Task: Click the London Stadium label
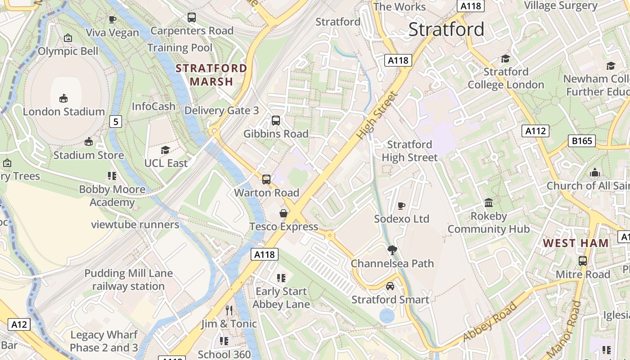point(63,112)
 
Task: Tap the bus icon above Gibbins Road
point(276,121)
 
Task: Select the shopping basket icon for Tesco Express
point(283,213)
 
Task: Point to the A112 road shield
point(535,131)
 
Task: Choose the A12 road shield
point(19,324)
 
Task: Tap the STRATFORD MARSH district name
point(211,75)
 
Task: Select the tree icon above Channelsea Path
point(392,250)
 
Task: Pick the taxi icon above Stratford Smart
point(390,286)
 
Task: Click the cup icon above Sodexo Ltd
point(401,206)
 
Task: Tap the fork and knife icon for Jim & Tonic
point(229,310)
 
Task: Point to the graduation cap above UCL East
point(166,150)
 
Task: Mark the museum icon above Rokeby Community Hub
point(488,203)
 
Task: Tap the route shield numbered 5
point(116,121)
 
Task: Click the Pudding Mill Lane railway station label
point(129,279)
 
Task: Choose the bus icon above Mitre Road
point(583,261)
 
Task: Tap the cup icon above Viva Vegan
point(112,19)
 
